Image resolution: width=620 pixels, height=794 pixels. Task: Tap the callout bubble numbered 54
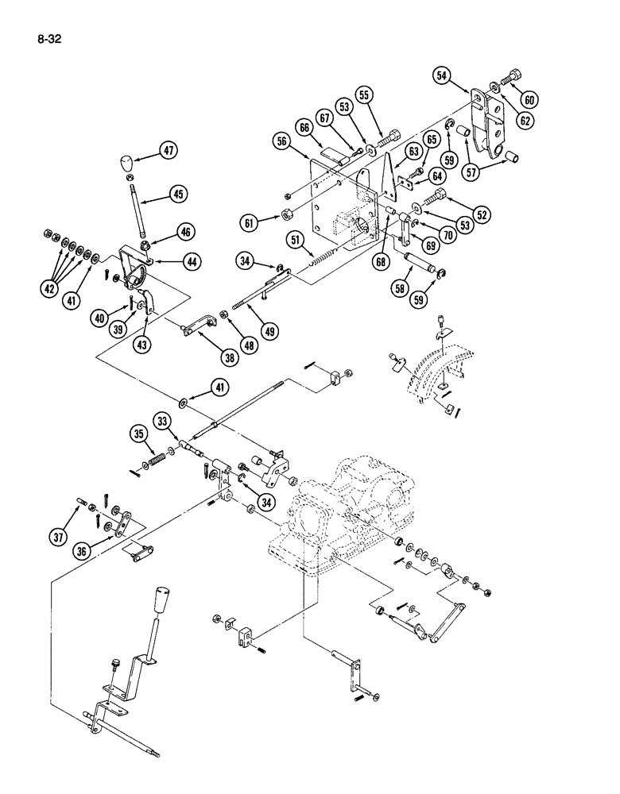pyautogui.click(x=443, y=76)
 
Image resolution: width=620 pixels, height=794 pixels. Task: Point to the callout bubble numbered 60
pyautogui.click(x=529, y=98)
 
